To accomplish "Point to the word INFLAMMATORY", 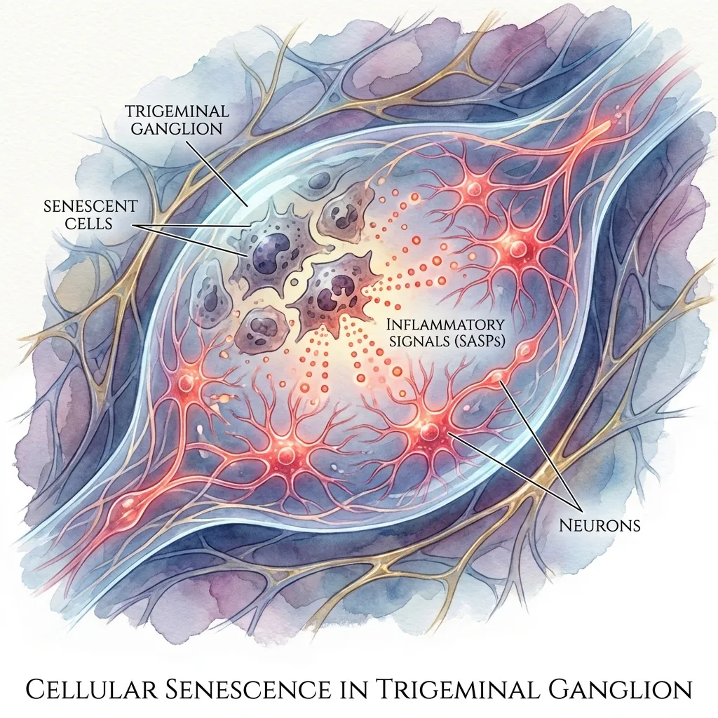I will click(445, 325).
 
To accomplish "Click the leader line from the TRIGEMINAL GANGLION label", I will click(223, 168).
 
